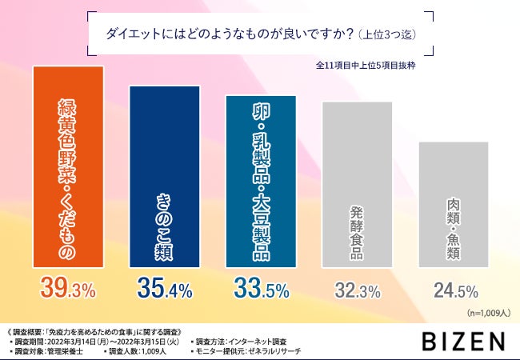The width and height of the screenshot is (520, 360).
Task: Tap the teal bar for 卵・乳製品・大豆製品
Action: pyautogui.click(x=261, y=179)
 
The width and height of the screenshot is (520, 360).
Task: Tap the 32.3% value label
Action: pyautogui.click(x=358, y=290)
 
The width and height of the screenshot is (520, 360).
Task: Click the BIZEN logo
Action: pyautogui.click(x=465, y=341)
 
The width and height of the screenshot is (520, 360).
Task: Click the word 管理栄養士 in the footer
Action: pyautogui.click(x=66, y=352)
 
